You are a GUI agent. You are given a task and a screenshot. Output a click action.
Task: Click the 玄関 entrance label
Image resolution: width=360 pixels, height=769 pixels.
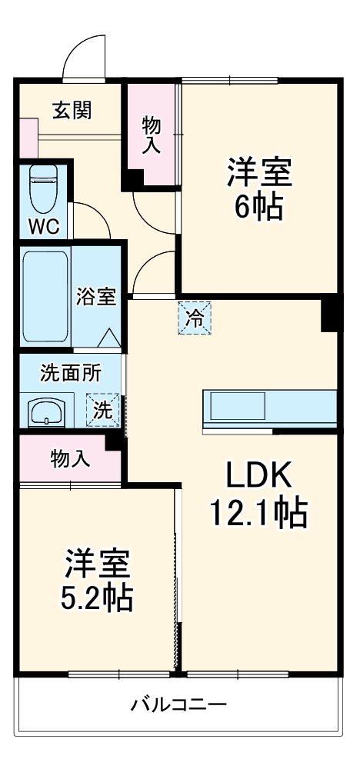pos(72,110)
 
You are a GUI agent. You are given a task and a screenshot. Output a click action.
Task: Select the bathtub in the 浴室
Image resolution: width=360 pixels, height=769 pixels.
pos(45,297)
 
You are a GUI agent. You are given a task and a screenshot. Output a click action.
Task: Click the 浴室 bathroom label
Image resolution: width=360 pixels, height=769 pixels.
pos(96,297)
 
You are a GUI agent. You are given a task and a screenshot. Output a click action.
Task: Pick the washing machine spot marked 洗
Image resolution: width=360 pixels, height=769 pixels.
pos(102,409)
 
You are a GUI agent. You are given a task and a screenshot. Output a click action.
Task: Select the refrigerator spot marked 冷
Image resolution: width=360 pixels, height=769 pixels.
pos(195,318)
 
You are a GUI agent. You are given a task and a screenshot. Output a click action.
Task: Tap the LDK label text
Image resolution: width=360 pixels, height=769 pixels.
pos(258,477)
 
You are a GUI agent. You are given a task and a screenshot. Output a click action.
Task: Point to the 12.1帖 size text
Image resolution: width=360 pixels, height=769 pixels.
pos(258,513)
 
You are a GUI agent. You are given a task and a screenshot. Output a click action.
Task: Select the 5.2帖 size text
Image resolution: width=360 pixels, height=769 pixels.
pos(97,596)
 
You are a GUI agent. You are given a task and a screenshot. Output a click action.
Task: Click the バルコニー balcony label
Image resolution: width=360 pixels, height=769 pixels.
pos(178,704)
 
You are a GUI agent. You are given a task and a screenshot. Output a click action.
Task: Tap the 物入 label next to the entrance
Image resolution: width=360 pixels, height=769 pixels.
pos(151,135)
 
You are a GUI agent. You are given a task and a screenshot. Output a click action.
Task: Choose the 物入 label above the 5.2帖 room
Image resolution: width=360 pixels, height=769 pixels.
pos(70,459)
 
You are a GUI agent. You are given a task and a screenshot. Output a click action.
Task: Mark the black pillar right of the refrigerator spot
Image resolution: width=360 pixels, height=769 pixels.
pos(330,313)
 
